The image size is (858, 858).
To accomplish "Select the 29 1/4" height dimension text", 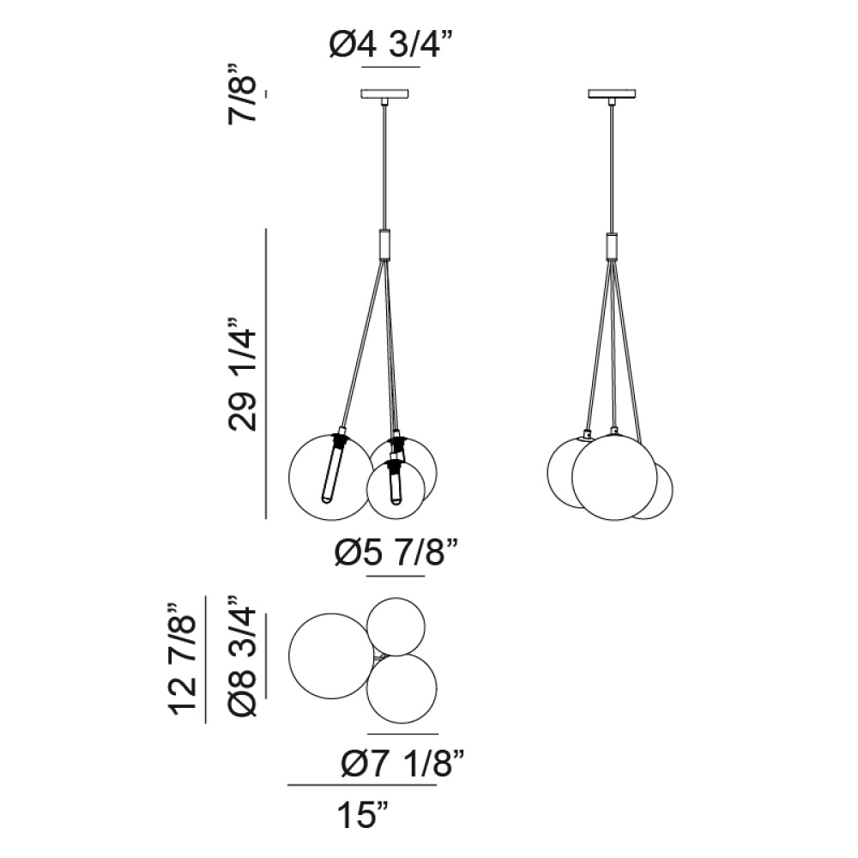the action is point(243,374).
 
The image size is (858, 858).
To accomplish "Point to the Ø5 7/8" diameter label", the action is point(395,553).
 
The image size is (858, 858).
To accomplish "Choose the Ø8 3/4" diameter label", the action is point(243,655).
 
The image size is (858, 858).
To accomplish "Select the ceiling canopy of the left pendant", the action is point(387,94).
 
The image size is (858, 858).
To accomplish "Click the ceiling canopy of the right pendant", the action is point(613,94).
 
